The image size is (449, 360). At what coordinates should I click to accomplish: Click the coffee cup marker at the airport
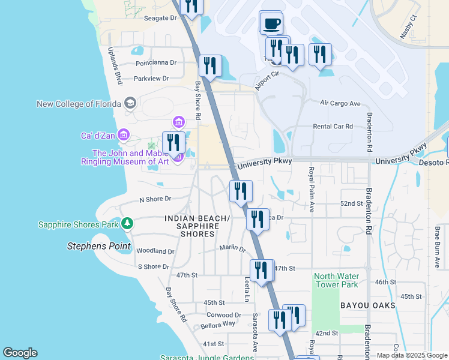271,23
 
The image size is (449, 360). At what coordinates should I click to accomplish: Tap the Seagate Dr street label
161,18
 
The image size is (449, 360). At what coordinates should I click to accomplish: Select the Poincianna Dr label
155,62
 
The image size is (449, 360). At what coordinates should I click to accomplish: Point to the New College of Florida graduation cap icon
130,103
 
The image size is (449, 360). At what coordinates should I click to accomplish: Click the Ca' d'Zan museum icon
124,135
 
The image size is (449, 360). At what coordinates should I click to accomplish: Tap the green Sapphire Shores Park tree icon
127,224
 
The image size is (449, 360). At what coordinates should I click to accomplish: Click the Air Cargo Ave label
340,103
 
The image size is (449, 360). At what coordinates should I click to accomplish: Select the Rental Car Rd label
333,127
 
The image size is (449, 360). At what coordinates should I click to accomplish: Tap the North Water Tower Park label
336,280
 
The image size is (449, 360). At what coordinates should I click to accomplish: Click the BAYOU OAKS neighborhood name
367,305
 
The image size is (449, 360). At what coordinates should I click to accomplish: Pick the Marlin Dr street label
232,248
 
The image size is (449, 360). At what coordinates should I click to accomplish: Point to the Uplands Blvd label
115,65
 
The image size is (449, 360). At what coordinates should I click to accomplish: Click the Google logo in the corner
20,353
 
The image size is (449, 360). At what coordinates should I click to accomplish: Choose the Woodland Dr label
155,251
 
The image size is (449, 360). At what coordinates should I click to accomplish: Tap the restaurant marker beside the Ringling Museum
173,143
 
